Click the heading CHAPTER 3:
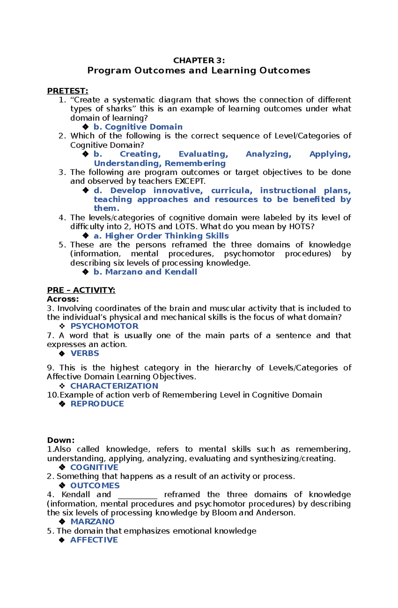(199, 60)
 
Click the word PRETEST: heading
(68, 91)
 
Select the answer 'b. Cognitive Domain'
(138, 127)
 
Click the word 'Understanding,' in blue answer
(128, 163)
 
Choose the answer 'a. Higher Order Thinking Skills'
(161, 236)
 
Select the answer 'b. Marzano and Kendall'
(145, 272)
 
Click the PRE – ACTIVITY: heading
(81, 290)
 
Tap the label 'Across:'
(63, 299)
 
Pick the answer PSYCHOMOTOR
(104, 326)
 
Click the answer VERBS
(85, 353)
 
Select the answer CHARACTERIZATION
(114, 386)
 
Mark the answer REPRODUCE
(97, 404)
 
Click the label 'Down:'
(61, 440)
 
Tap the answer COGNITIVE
(94, 467)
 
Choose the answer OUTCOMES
(95, 485)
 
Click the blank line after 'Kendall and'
(138, 495)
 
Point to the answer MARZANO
(93, 522)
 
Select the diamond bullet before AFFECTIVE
(62, 540)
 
